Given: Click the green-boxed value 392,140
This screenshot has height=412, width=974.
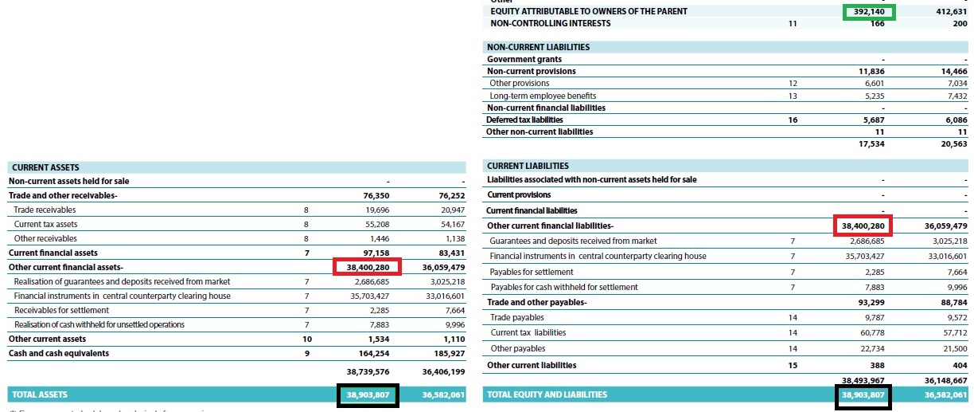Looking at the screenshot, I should (868, 12).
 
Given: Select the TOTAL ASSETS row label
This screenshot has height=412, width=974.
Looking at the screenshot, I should (39, 394).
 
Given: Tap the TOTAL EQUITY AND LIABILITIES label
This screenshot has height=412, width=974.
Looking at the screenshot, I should (547, 394).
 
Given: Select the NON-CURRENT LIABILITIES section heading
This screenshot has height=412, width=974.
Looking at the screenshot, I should (538, 47).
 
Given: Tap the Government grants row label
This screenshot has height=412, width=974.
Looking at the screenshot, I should (524, 59).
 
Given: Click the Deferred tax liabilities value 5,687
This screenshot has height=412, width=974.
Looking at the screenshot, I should (872, 120).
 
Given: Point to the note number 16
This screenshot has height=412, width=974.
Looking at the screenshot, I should (792, 120).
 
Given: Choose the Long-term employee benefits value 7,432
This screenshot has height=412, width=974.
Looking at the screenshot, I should (953, 96).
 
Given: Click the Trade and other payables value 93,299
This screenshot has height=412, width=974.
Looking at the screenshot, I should (869, 303).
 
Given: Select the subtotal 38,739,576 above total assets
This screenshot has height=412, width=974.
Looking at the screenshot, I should (368, 371).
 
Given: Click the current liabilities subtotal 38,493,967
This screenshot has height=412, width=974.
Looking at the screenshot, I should (863, 380).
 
